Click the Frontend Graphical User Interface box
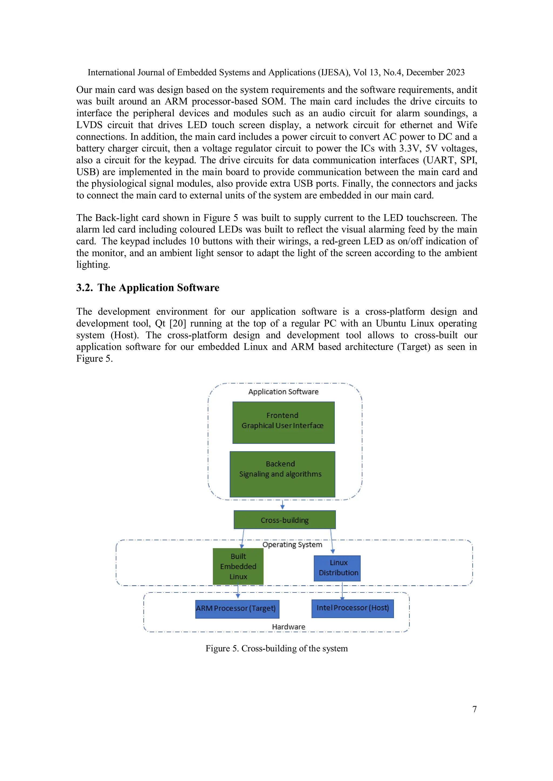[283, 423]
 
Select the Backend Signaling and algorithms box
[282, 474]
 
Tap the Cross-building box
[284, 520]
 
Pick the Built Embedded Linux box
[238, 566]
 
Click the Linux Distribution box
[337, 568]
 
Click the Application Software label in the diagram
[283, 392]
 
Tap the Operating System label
[292, 544]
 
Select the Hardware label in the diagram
[288, 626]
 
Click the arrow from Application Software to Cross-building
[282, 505]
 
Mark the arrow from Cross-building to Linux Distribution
[332, 541]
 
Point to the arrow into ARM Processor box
[238, 592]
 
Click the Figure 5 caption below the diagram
[276, 649]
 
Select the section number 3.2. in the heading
[85, 288]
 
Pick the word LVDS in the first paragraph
[89, 125]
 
